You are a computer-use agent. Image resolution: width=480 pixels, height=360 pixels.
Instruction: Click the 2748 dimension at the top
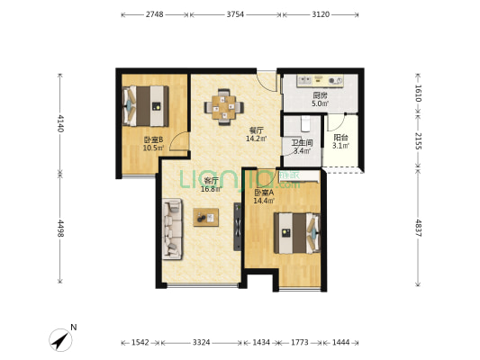154,14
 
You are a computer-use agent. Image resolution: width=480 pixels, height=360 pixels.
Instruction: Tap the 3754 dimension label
235,14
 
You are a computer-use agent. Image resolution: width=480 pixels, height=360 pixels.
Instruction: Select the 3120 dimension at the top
321,14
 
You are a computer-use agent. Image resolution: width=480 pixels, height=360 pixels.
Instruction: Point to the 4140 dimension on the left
60,123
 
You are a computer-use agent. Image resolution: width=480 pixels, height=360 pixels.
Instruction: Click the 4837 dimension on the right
418,228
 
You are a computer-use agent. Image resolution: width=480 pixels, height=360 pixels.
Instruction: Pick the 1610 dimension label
418,93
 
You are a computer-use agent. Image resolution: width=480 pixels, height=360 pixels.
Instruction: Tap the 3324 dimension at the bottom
201,342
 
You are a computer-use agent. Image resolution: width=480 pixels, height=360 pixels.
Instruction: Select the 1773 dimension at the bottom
299,342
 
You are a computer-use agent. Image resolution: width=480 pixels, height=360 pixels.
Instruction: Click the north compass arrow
60,340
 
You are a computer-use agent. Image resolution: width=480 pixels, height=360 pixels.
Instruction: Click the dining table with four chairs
224,107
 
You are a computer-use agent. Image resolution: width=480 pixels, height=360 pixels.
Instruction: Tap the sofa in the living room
172,229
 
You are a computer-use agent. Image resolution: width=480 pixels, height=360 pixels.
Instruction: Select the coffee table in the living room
205,217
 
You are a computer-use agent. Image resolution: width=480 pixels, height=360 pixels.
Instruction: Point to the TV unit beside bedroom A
237,227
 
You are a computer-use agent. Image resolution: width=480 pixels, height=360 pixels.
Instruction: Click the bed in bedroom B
145,106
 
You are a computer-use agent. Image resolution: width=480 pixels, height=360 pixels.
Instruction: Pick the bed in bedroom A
297,233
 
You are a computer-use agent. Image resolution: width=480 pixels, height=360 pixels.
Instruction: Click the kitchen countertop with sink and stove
321,81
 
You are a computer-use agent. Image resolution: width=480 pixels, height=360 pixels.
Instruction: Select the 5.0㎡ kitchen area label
321,103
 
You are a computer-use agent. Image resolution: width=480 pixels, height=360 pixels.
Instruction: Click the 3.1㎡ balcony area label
341,146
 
